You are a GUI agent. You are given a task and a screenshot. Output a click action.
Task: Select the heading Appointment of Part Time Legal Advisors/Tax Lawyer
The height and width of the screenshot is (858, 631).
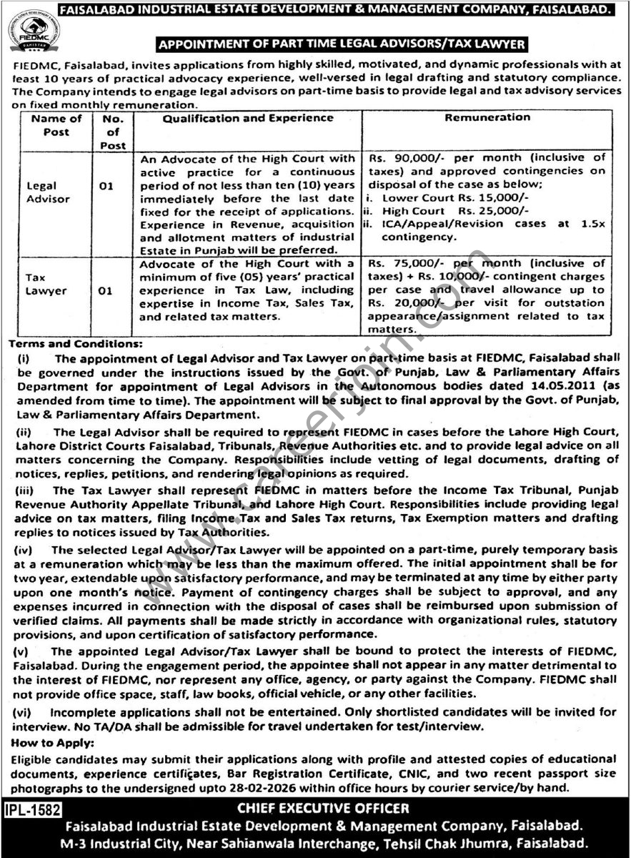point(342,44)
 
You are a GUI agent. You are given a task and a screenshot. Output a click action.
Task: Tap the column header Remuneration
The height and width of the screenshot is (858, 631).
point(487,118)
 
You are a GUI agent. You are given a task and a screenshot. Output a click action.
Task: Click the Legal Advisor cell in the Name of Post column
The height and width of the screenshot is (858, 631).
point(46,192)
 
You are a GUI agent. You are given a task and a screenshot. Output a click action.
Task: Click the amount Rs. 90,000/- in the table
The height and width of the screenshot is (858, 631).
point(402,157)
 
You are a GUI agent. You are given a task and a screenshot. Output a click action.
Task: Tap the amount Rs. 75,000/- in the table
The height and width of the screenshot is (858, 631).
point(402,264)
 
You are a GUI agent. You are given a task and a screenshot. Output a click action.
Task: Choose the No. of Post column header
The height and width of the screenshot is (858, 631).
point(113,132)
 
